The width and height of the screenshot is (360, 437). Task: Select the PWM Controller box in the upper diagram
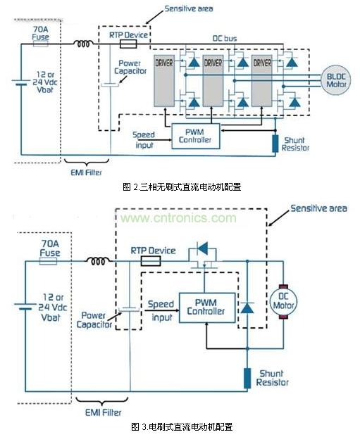coord(196,136)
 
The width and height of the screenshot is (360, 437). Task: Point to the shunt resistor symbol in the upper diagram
coord(275,142)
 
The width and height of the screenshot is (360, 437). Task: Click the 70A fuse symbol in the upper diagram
coord(41,43)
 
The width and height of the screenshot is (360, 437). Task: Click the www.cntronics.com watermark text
coord(180,218)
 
